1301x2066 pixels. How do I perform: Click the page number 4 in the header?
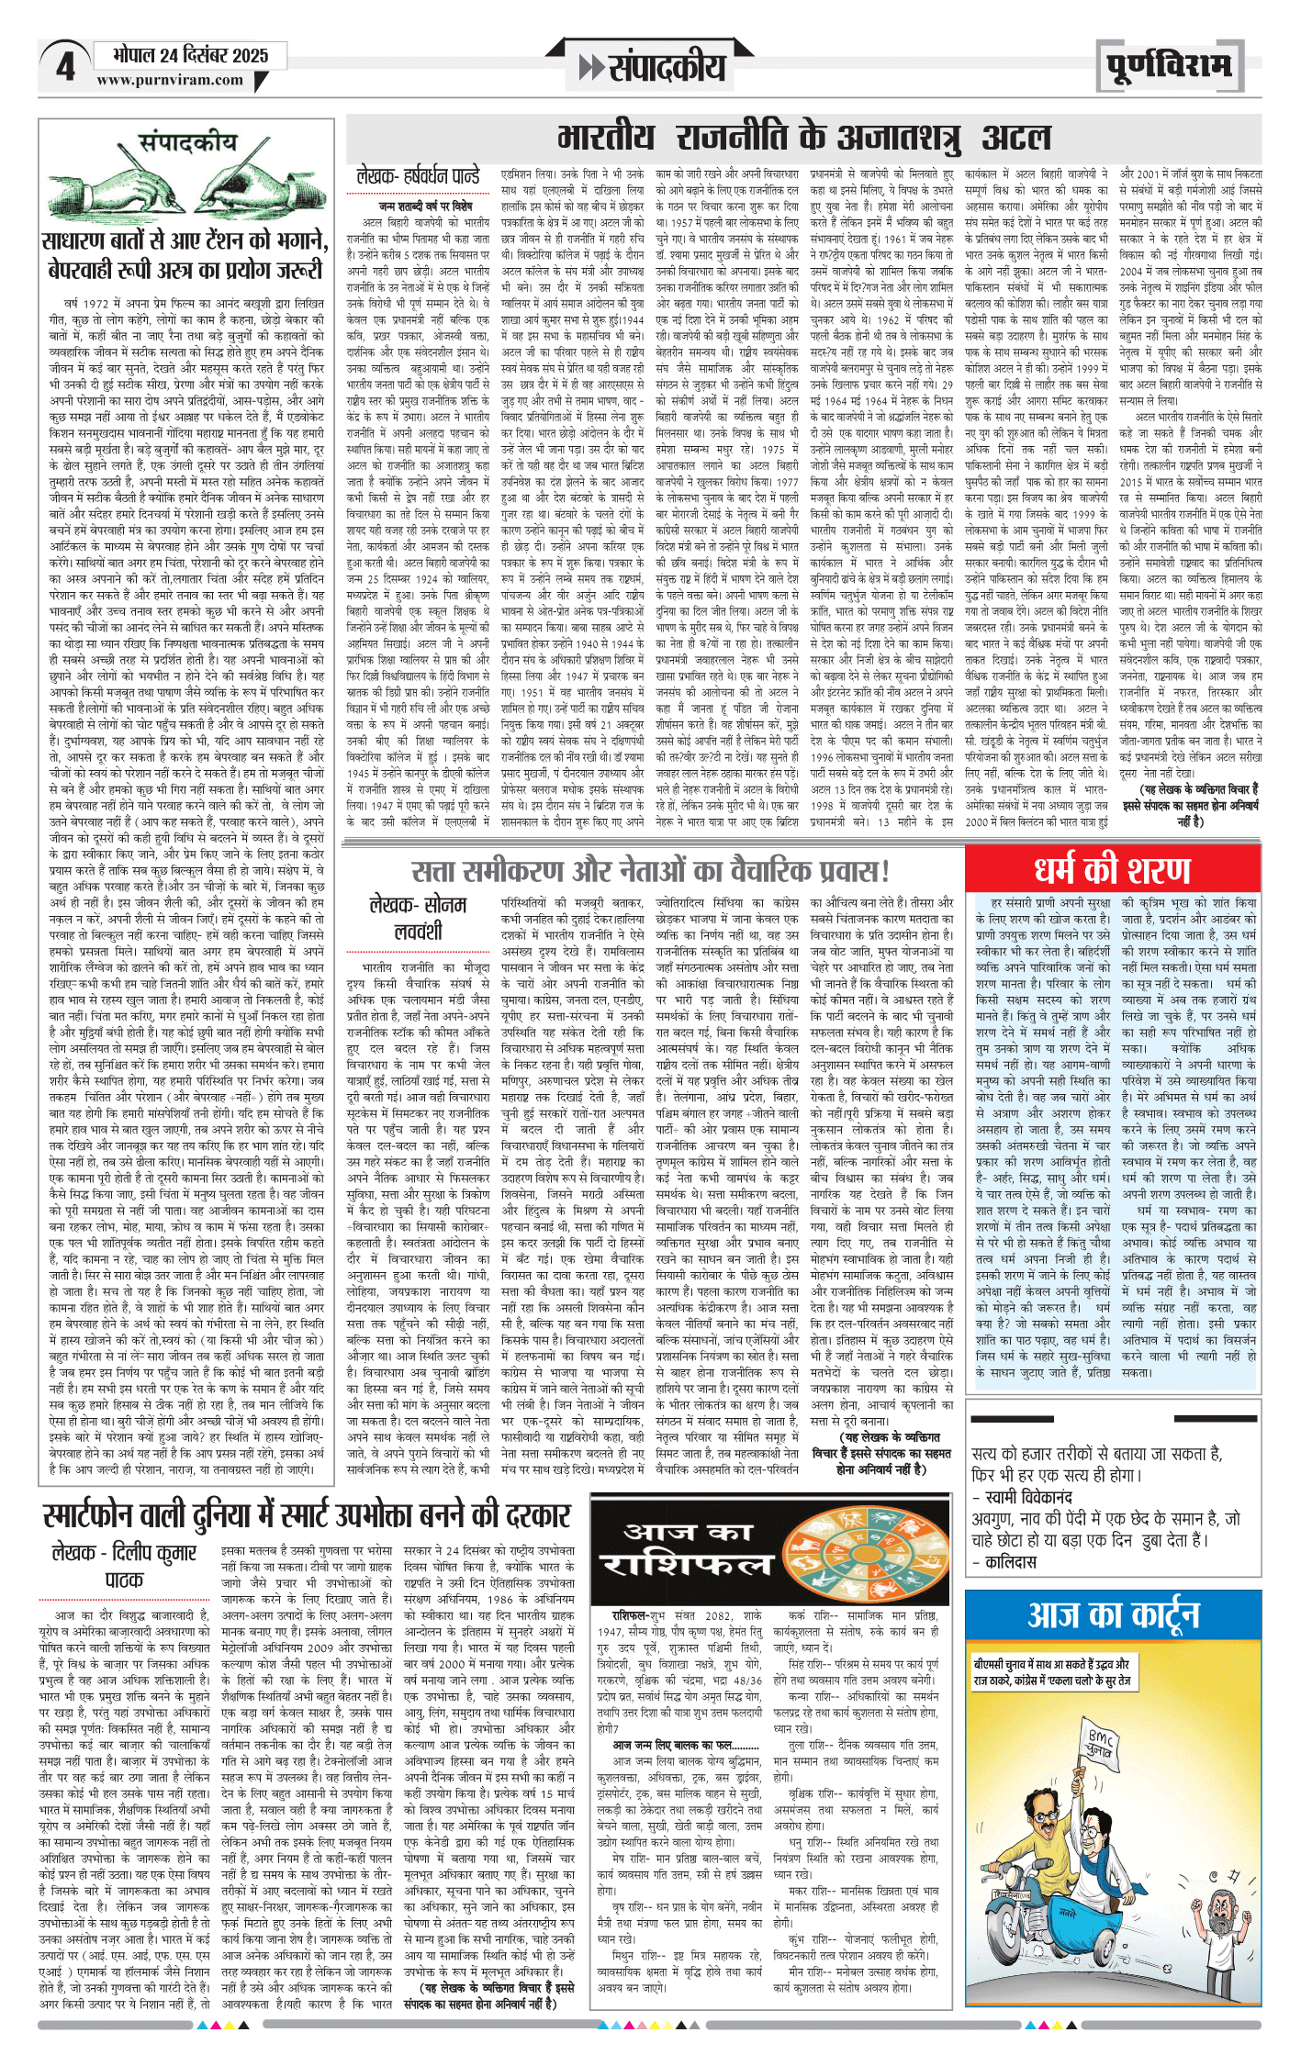65,67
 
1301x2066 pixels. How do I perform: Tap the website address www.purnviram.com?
170,80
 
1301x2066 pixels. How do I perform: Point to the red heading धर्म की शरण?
1112,870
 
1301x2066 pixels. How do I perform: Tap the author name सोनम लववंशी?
418,918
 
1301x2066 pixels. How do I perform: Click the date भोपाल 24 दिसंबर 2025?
190,55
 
